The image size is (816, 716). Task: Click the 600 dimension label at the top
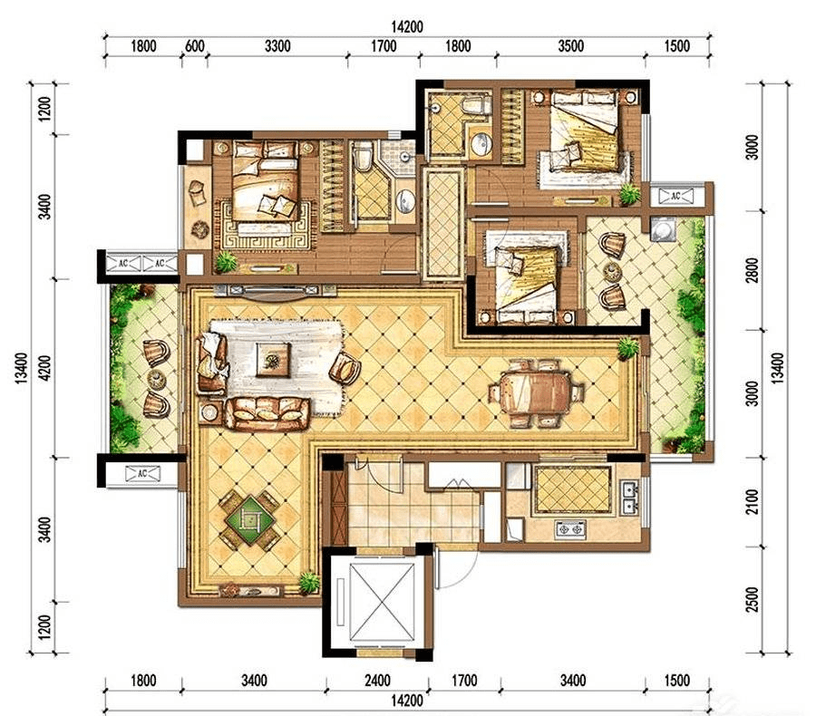(195, 46)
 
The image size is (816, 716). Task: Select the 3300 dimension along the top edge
(277, 46)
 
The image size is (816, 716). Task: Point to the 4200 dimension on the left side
(45, 367)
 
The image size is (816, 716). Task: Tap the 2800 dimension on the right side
(752, 270)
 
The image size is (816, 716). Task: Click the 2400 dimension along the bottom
(377, 680)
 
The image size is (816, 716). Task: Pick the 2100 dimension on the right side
(752, 501)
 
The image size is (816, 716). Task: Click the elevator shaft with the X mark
(383, 602)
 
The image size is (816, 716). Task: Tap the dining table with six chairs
(537, 392)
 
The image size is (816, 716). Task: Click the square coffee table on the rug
(273, 359)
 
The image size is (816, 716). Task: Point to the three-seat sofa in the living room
(267, 413)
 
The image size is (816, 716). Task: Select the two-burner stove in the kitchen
(571, 529)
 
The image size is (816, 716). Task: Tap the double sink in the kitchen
(628, 498)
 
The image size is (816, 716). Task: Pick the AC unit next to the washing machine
(676, 196)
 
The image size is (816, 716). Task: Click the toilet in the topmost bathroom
(475, 104)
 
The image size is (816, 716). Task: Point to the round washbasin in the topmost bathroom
(481, 142)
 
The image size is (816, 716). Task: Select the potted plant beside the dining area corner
(628, 348)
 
